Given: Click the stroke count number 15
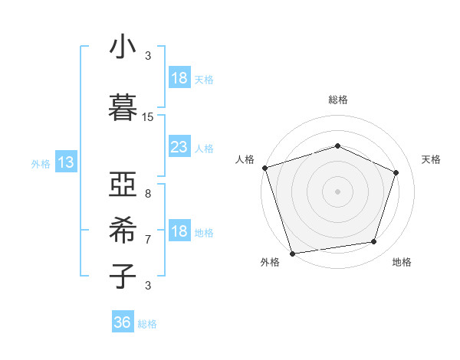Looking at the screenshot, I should click(148, 117).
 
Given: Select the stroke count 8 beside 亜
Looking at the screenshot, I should click(148, 195).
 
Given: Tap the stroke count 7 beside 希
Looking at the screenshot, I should click(148, 239).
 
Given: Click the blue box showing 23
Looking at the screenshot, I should click(179, 147).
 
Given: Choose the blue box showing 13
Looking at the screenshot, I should click(65, 162).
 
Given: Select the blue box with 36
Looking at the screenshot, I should click(122, 322).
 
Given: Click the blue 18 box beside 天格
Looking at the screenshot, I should click(179, 78).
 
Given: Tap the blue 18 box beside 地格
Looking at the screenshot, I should click(179, 231).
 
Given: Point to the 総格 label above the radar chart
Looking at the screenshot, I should click(338, 100).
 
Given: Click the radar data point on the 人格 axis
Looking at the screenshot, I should click(264, 168).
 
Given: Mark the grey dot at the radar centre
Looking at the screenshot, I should click(337, 191).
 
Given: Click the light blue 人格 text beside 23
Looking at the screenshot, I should click(204, 148).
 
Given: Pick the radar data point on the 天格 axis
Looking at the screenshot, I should click(396, 172).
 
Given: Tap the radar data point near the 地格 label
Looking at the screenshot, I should click(374, 242).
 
